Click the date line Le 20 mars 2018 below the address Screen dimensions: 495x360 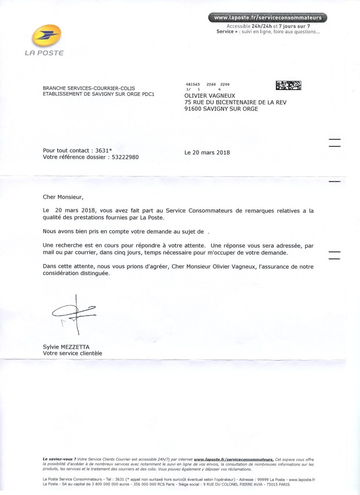[207, 152]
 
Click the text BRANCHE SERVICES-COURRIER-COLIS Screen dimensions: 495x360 [86, 88]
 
